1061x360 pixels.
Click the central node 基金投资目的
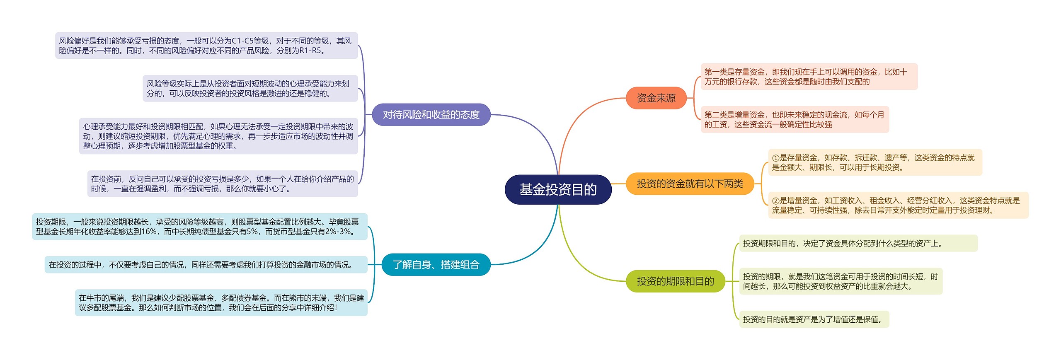[558, 189]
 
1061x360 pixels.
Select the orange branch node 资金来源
[656, 98]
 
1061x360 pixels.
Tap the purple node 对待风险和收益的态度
[431, 114]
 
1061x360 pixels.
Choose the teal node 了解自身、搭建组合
[436, 264]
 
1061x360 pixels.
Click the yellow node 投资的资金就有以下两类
[690, 184]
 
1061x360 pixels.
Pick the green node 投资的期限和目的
[675, 281]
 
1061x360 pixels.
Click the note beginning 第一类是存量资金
[809, 77]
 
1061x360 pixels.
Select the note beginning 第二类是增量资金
[795, 119]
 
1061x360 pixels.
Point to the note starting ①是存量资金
[874, 162]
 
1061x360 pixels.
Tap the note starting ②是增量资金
[898, 205]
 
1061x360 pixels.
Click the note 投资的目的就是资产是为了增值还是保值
[814, 319]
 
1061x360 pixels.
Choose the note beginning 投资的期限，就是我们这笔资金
[841, 281]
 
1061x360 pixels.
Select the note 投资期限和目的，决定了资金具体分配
[858, 243]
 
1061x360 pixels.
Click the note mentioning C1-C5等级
[206, 46]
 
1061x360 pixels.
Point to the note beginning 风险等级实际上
[250, 88]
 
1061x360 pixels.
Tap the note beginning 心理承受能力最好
[218, 136]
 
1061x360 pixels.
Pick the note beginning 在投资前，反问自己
[223, 184]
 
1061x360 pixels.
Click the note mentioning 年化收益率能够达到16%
[200, 227]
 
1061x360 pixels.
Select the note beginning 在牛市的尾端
[221, 302]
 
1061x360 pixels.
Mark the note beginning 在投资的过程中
[206, 264]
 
